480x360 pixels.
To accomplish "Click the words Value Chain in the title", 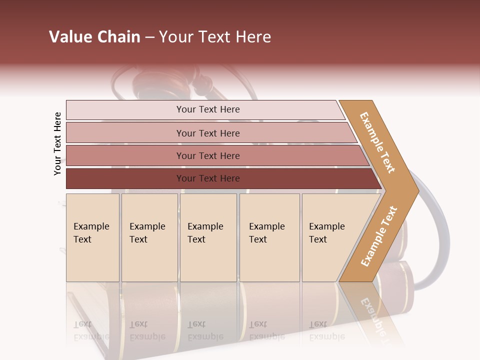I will pyautogui.click(x=94, y=37).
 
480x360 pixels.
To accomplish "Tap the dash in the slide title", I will pyautogui.click(x=149, y=37).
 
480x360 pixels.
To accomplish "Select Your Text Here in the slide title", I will pyautogui.click(x=215, y=37).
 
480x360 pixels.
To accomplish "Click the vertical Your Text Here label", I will pyautogui.click(x=57, y=143).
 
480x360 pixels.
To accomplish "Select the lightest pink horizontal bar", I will pyautogui.click(x=125, y=110).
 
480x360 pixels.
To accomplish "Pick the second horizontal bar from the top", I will pyautogui.click(x=125, y=133).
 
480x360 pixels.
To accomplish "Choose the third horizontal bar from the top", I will pyautogui.click(x=125, y=155).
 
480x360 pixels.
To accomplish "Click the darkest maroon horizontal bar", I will pyautogui.click(x=125, y=178).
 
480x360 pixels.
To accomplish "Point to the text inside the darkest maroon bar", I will pyautogui.click(x=208, y=178).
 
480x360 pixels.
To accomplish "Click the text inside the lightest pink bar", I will pyautogui.click(x=208, y=109).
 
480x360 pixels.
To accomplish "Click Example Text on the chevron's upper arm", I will pyautogui.click(x=378, y=142).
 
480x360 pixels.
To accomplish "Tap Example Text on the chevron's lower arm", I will pyautogui.click(x=379, y=236).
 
